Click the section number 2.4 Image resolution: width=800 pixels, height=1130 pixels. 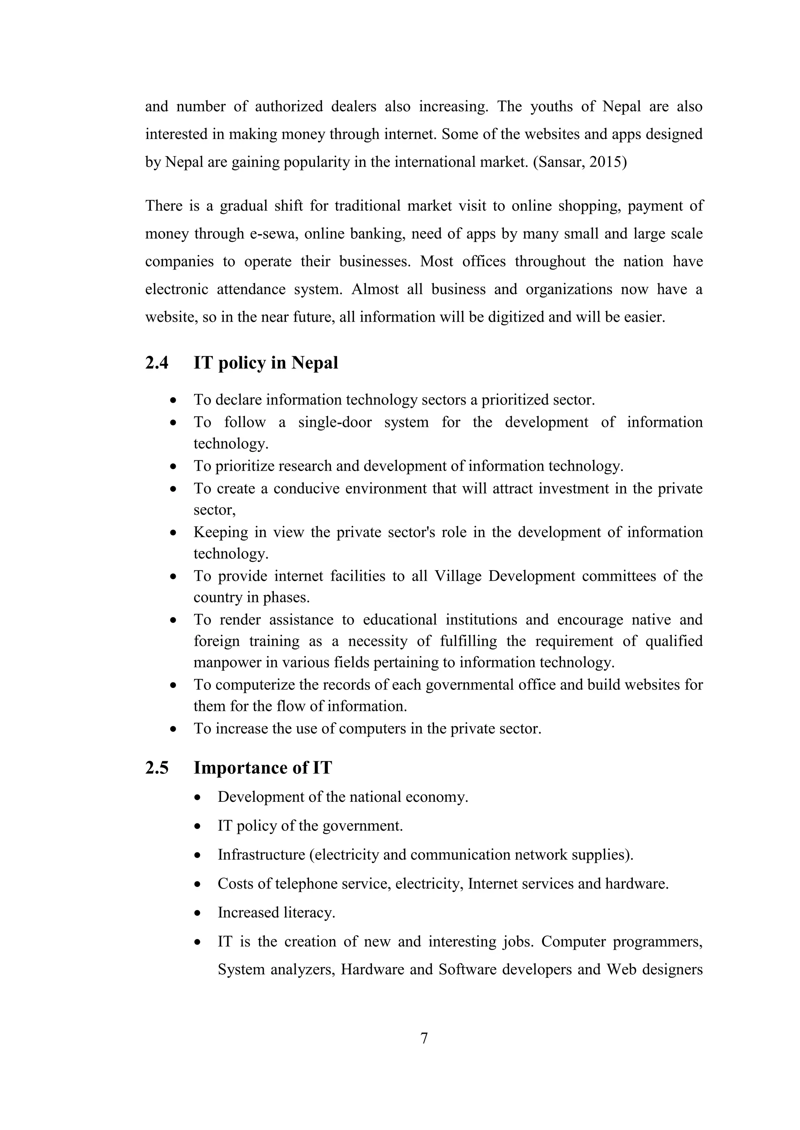[157, 363]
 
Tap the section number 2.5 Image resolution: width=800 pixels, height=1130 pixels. [157, 768]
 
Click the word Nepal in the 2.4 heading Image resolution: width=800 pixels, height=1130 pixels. [314, 363]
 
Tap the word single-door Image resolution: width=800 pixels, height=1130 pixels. [335, 422]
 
